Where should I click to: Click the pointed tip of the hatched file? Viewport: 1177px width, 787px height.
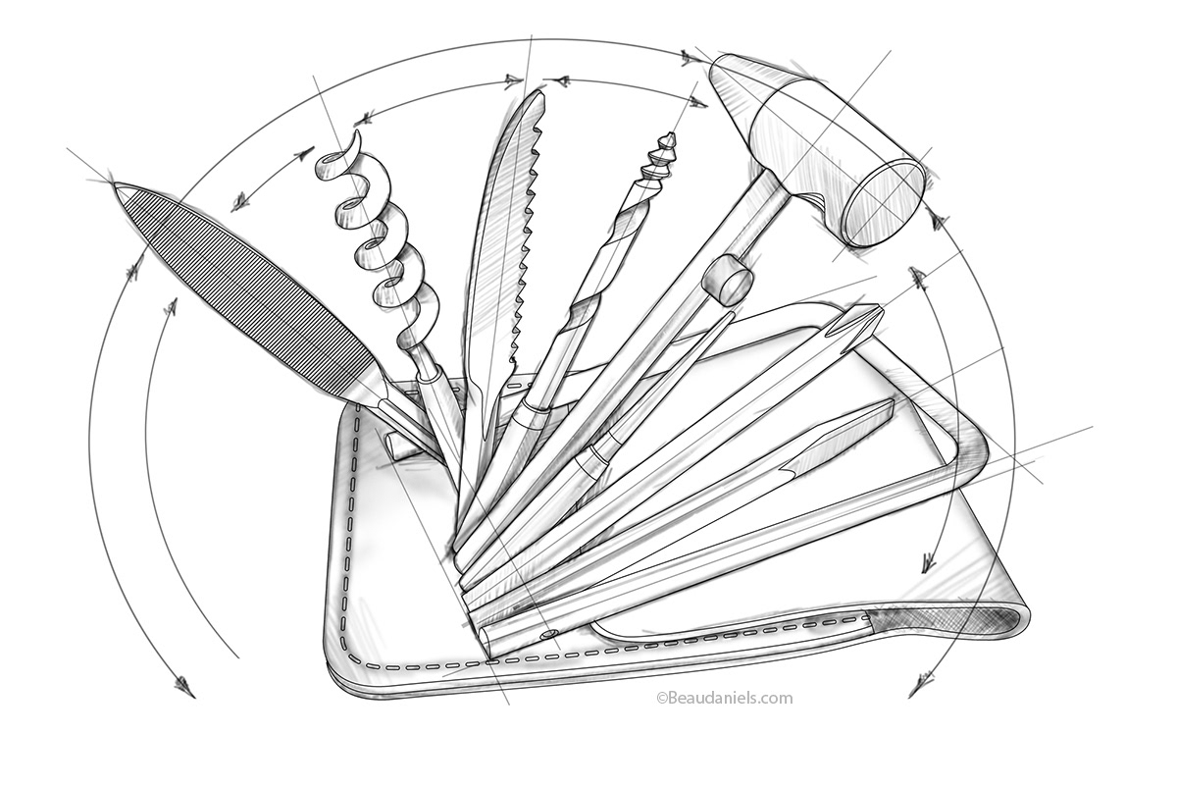117,185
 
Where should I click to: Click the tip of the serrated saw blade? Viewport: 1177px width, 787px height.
539,94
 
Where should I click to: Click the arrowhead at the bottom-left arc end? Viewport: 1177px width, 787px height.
184,688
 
